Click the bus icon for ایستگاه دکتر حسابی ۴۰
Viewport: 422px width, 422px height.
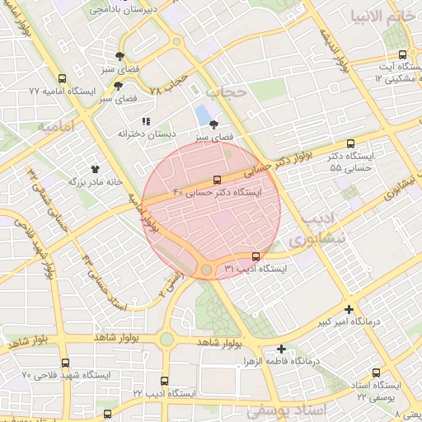point(218,179)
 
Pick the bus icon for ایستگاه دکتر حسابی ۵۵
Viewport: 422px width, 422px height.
point(351,143)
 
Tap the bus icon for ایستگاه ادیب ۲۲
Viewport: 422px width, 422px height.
point(165,382)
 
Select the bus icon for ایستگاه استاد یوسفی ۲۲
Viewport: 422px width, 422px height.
point(377,373)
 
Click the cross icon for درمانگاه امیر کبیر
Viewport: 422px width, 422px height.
point(349,310)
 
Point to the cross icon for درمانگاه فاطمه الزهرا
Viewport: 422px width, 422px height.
point(282,349)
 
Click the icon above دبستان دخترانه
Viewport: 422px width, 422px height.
point(147,121)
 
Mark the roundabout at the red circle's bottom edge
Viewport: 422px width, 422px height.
point(206,270)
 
